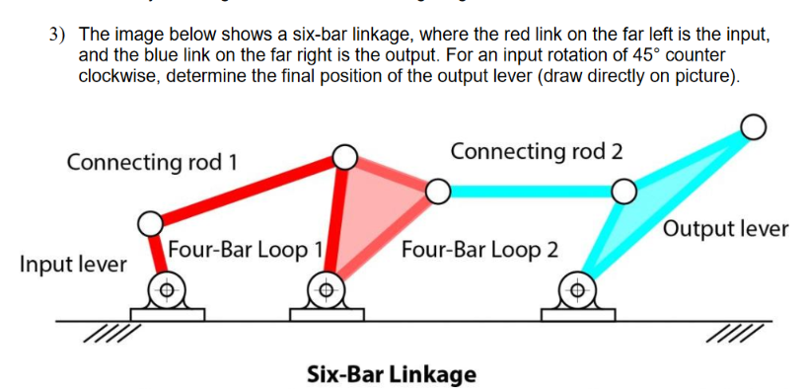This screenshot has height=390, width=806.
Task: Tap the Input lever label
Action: [x=73, y=265]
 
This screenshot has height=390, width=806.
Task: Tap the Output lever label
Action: [x=726, y=230]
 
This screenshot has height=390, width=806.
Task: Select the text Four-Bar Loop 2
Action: [x=479, y=249]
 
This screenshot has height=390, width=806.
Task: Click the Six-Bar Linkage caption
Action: [x=391, y=374]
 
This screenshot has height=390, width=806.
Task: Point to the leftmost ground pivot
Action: [x=168, y=290]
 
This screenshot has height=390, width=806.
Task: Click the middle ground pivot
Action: [x=327, y=290]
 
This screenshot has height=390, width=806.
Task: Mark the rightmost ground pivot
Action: [x=579, y=290]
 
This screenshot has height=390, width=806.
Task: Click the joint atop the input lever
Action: [x=149, y=223]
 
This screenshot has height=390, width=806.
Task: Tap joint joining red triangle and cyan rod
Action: [x=438, y=190]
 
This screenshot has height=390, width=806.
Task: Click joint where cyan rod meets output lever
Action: [x=623, y=190]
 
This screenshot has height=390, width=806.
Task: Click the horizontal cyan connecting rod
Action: [x=530, y=191]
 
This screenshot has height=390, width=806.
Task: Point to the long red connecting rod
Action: [x=247, y=190]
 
